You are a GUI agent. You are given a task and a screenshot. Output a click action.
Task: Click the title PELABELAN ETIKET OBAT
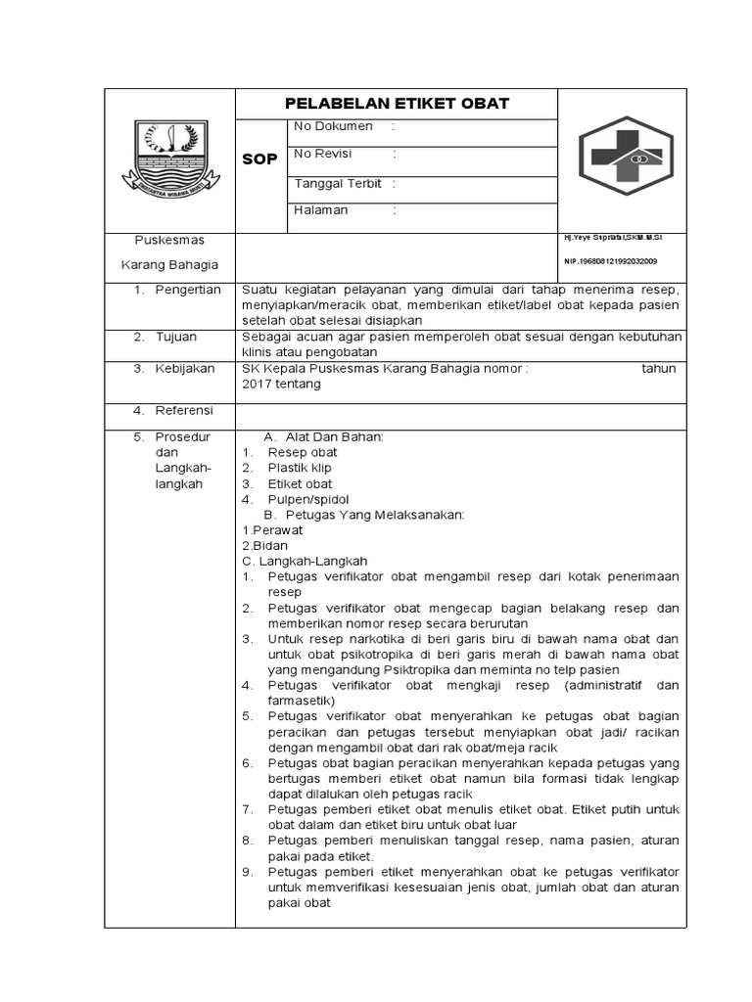[396, 104]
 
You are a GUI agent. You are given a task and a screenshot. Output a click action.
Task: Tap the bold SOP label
[259, 159]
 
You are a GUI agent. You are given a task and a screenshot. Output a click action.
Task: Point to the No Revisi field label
[323, 154]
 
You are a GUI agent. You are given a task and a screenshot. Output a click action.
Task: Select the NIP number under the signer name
[610, 261]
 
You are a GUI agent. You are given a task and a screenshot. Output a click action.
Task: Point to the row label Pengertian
[188, 290]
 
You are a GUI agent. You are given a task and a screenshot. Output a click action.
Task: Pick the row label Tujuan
[176, 337]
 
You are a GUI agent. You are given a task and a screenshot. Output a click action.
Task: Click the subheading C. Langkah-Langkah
[305, 561]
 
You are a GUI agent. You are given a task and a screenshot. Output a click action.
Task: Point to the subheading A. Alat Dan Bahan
[324, 436]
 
